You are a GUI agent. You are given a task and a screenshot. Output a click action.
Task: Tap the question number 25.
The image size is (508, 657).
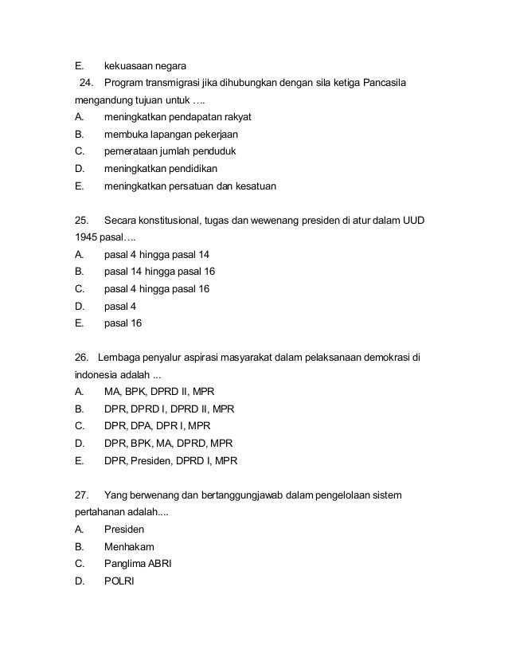(80, 220)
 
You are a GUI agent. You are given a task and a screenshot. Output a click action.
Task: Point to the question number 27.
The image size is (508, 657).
(80, 495)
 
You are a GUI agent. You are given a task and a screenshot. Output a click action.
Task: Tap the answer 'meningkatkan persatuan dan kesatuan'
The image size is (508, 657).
(190, 186)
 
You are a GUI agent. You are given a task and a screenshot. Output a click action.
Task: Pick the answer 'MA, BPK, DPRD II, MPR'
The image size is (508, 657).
(159, 392)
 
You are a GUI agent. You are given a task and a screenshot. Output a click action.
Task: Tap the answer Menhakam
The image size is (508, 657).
(129, 547)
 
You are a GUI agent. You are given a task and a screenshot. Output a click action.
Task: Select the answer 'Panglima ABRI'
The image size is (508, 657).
(138, 564)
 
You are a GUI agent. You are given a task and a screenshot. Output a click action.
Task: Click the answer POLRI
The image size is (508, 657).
(119, 581)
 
